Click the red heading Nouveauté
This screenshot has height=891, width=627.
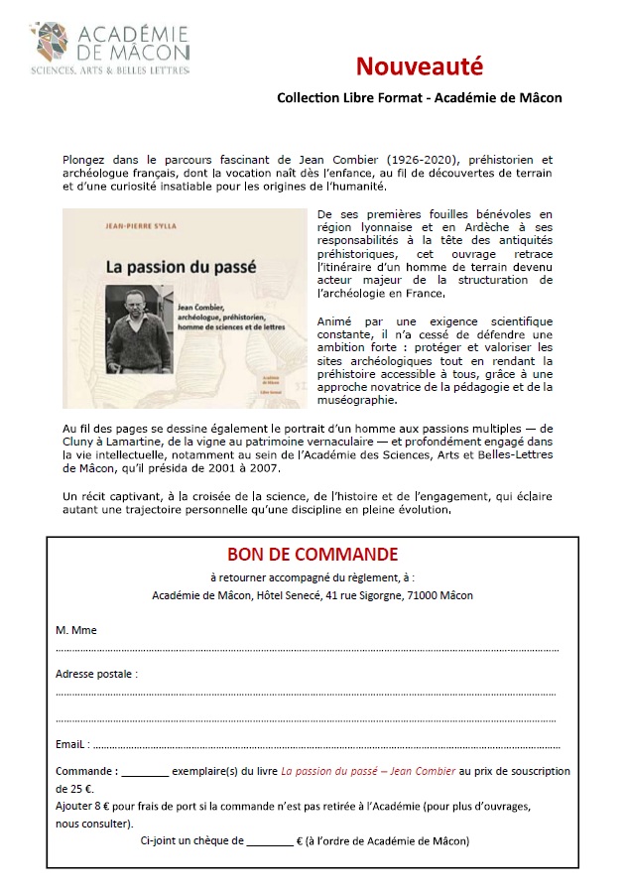coord(420,66)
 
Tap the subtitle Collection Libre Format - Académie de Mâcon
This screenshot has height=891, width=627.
coord(420,97)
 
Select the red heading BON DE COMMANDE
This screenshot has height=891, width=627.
coord(313,554)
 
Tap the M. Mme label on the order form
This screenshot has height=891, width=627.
coord(76,629)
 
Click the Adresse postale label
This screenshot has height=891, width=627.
coord(95,674)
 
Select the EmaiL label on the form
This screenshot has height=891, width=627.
coord(72,743)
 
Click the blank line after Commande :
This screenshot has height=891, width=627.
coord(146,772)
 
